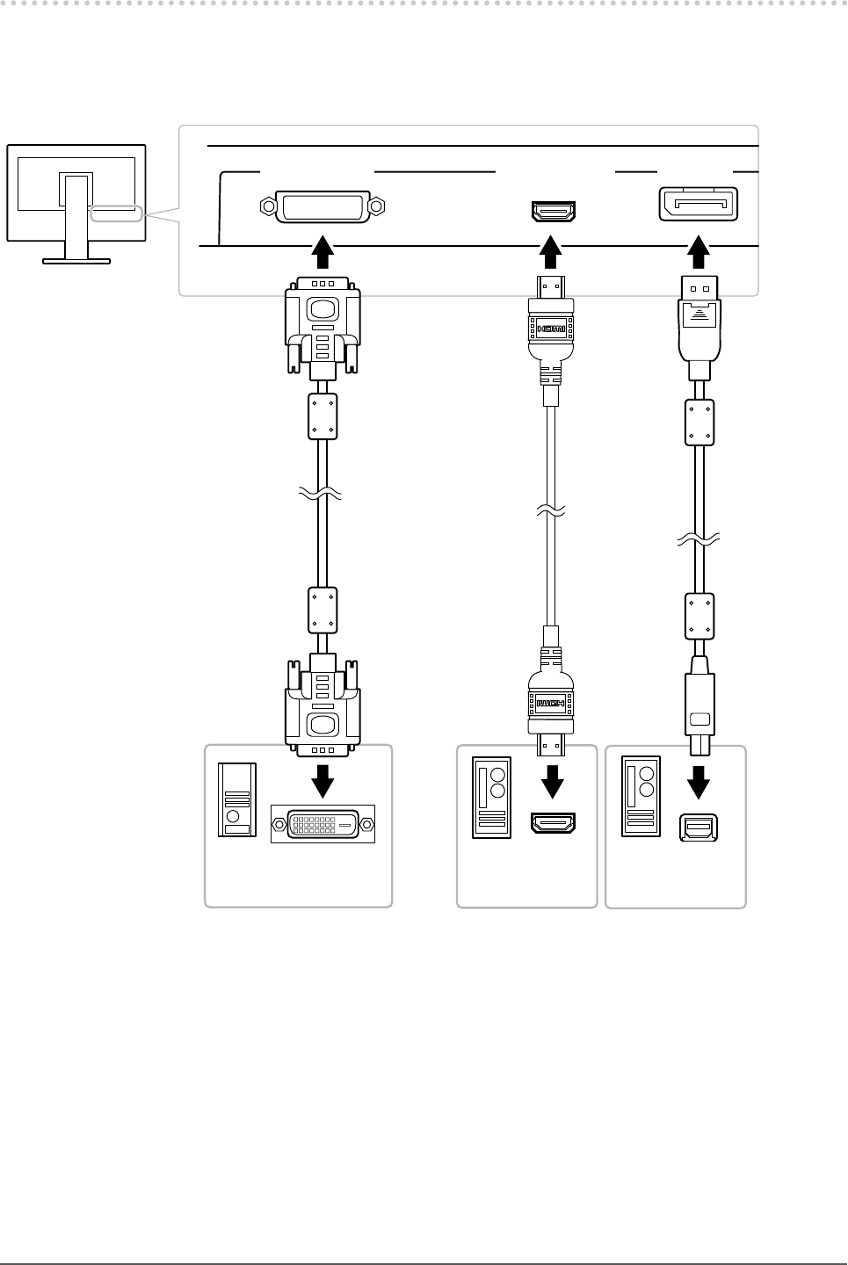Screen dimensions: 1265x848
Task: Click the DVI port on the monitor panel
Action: [323, 207]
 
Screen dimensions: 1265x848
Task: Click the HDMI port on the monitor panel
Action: [553, 212]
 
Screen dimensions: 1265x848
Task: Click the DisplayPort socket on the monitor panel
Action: [699, 205]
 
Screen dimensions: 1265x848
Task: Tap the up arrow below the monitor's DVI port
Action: [323, 251]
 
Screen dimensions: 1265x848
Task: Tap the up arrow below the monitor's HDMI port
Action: [552, 251]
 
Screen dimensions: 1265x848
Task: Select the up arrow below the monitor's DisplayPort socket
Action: [699, 251]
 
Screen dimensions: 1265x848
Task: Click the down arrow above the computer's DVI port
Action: [323, 779]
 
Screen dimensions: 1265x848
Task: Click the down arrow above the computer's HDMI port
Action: [553, 778]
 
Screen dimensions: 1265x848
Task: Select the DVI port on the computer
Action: [323, 825]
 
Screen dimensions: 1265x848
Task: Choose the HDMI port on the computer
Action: [553, 824]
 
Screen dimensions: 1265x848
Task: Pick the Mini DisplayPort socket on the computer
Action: [699, 829]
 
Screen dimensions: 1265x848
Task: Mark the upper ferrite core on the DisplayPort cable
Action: [699, 423]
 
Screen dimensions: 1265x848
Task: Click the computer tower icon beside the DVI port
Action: [237, 799]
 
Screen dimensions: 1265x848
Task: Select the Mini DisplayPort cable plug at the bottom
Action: [699, 712]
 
